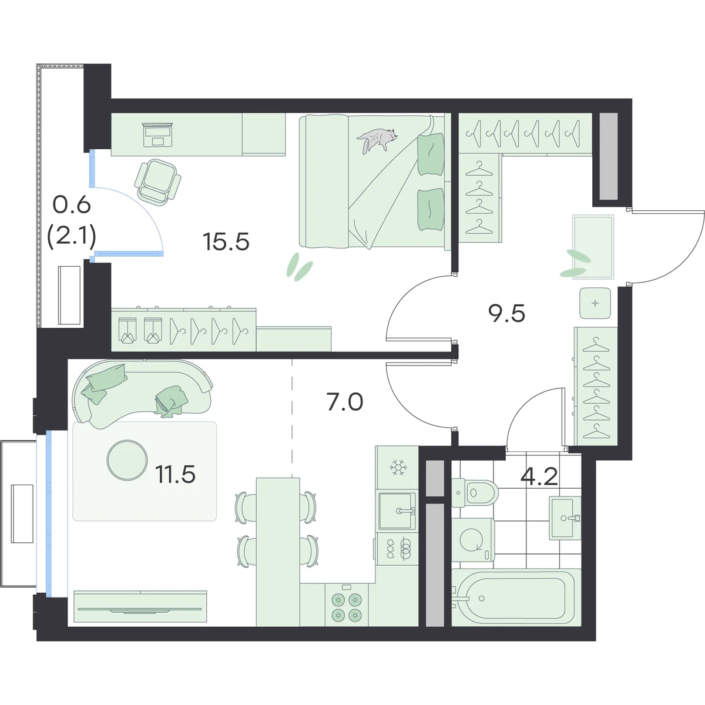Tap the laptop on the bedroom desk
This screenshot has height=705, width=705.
pyautogui.click(x=158, y=135)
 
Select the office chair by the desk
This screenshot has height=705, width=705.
pyautogui.click(x=158, y=180)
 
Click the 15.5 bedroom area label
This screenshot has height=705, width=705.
pyautogui.click(x=226, y=241)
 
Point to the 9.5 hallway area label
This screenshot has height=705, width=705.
pyautogui.click(x=506, y=313)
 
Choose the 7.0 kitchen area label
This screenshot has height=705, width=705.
pyautogui.click(x=345, y=401)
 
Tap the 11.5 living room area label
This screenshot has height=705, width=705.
pyautogui.click(x=175, y=474)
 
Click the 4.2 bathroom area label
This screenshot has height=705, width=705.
pyautogui.click(x=540, y=476)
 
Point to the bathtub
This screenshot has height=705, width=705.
pyautogui.click(x=516, y=597)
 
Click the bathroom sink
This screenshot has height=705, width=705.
pyautogui.click(x=565, y=518)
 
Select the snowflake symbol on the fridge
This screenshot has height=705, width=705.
pyautogui.click(x=397, y=467)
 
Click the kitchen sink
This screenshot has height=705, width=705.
pyautogui.click(x=397, y=511)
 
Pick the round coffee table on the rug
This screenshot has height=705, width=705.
pyautogui.click(x=127, y=460)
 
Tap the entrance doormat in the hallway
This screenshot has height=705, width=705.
pyautogui.click(x=593, y=247)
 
